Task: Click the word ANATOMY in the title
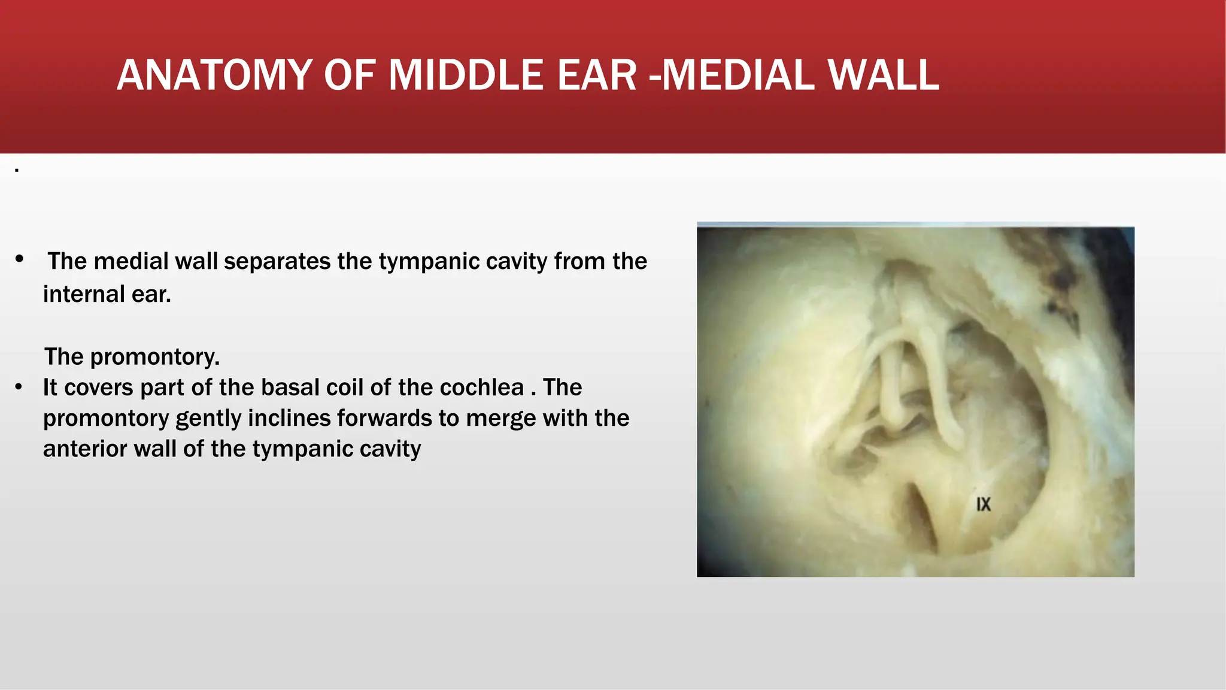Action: (x=214, y=75)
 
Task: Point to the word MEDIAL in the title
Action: (x=738, y=75)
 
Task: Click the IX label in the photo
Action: (x=984, y=504)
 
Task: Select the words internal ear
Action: (x=107, y=295)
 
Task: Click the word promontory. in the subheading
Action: (x=155, y=358)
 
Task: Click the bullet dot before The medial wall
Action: (x=20, y=259)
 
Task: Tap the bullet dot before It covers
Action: (x=19, y=387)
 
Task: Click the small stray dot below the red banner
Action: (x=17, y=171)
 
